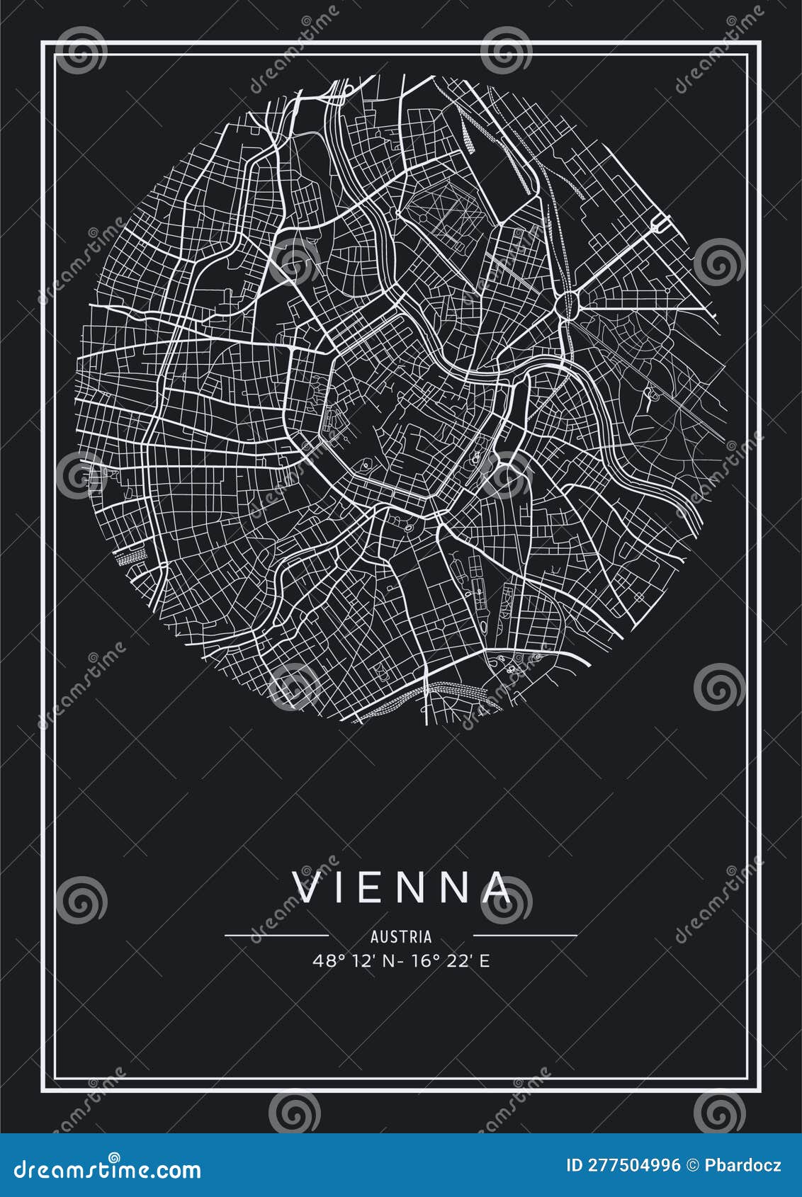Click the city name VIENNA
click(402, 888)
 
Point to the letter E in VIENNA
click(374, 888)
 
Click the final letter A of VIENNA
click(496, 888)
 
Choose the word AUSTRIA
click(401, 936)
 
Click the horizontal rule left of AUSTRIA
click(276, 936)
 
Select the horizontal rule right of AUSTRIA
click(525, 936)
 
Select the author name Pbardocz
click(745, 1166)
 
